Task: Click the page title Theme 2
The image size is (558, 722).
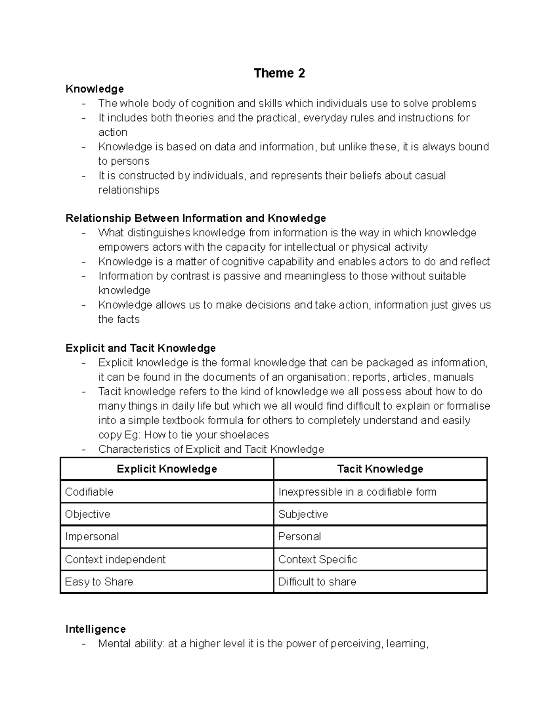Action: pyautogui.click(x=279, y=73)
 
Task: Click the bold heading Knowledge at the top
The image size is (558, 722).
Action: pyautogui.click(x=94, y=89)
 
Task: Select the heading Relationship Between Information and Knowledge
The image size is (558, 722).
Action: pyautogui.click(x=196, y=218)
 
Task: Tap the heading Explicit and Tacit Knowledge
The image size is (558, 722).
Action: pyautogui.click(x=140, y=348)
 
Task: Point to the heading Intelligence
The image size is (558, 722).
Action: pyautogui.click(x=95, y=629)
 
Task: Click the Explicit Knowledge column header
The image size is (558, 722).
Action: pyautogui.click(x=167, y=469)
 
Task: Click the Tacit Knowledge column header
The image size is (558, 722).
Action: pyautogui.click(x=380, y=469)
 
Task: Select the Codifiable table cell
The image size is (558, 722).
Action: pyautogui.click(x=89, y=492)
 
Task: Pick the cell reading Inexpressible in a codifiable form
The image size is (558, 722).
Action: pyautogui.click(x=357, y=492)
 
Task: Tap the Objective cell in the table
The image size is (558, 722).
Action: pyautogui.click(x=87, y=514)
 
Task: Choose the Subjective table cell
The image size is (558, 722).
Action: pyautogui.click(x=303, y=514)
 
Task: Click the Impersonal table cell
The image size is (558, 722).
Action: pyautogui.click(x=92, y=537)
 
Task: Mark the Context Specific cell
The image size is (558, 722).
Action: pyautogui.click(x=318, y=559)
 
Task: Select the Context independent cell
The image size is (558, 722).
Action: pyautogui.click(x=115, y=559)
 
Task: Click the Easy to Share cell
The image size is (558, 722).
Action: pyautogui.click(x=99, y=582)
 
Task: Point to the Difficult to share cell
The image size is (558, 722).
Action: pyautogui.click(x=317, y=582)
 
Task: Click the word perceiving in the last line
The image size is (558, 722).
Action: pyautogui.click(x=355, y=644)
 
